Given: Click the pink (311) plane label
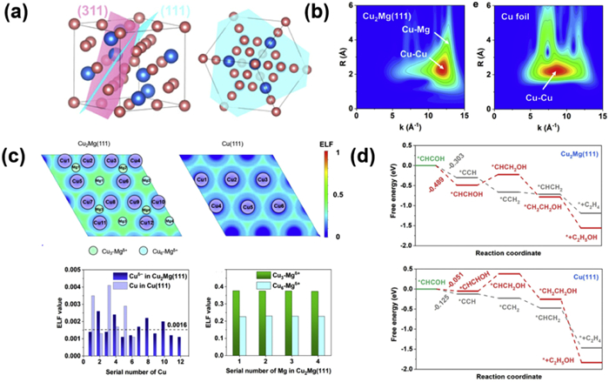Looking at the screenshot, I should (94, 10).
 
